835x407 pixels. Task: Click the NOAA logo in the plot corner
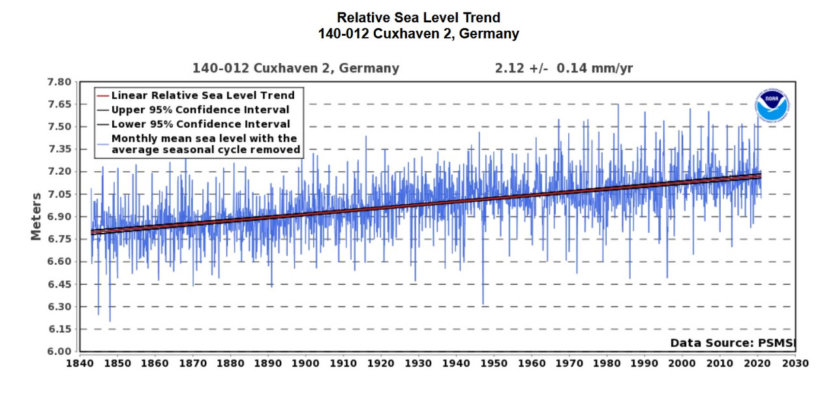click(773, 106)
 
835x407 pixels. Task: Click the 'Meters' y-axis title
click(37, 216)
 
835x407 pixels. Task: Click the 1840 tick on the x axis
click(79, 363)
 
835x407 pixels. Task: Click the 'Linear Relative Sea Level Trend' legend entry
click(203, 95)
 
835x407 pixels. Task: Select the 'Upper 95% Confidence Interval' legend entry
click(200, 110)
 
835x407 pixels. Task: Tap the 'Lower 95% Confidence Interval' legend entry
click(200, 124)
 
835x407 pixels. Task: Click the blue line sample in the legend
click(102, 138)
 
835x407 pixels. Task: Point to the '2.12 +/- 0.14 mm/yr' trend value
click(564, 68)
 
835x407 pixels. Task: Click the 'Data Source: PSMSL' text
click(733, 343)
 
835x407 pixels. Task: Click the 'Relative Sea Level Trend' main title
click(418, 18)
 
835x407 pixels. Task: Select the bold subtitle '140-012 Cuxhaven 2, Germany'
click(418, 33)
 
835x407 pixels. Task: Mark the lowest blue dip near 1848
click(110, 321)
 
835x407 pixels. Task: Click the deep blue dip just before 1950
click(483, 303)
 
